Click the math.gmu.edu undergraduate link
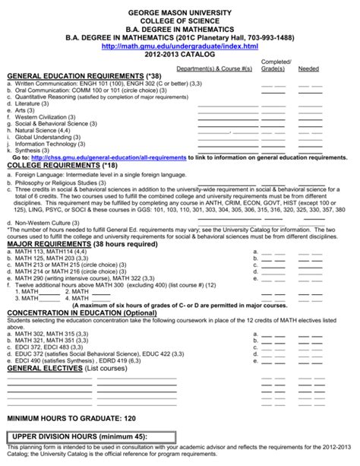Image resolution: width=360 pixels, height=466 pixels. click(180, 46)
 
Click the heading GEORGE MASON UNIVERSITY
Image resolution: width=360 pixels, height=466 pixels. click(180, 7)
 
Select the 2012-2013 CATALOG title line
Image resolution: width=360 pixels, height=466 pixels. click(180, 55)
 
